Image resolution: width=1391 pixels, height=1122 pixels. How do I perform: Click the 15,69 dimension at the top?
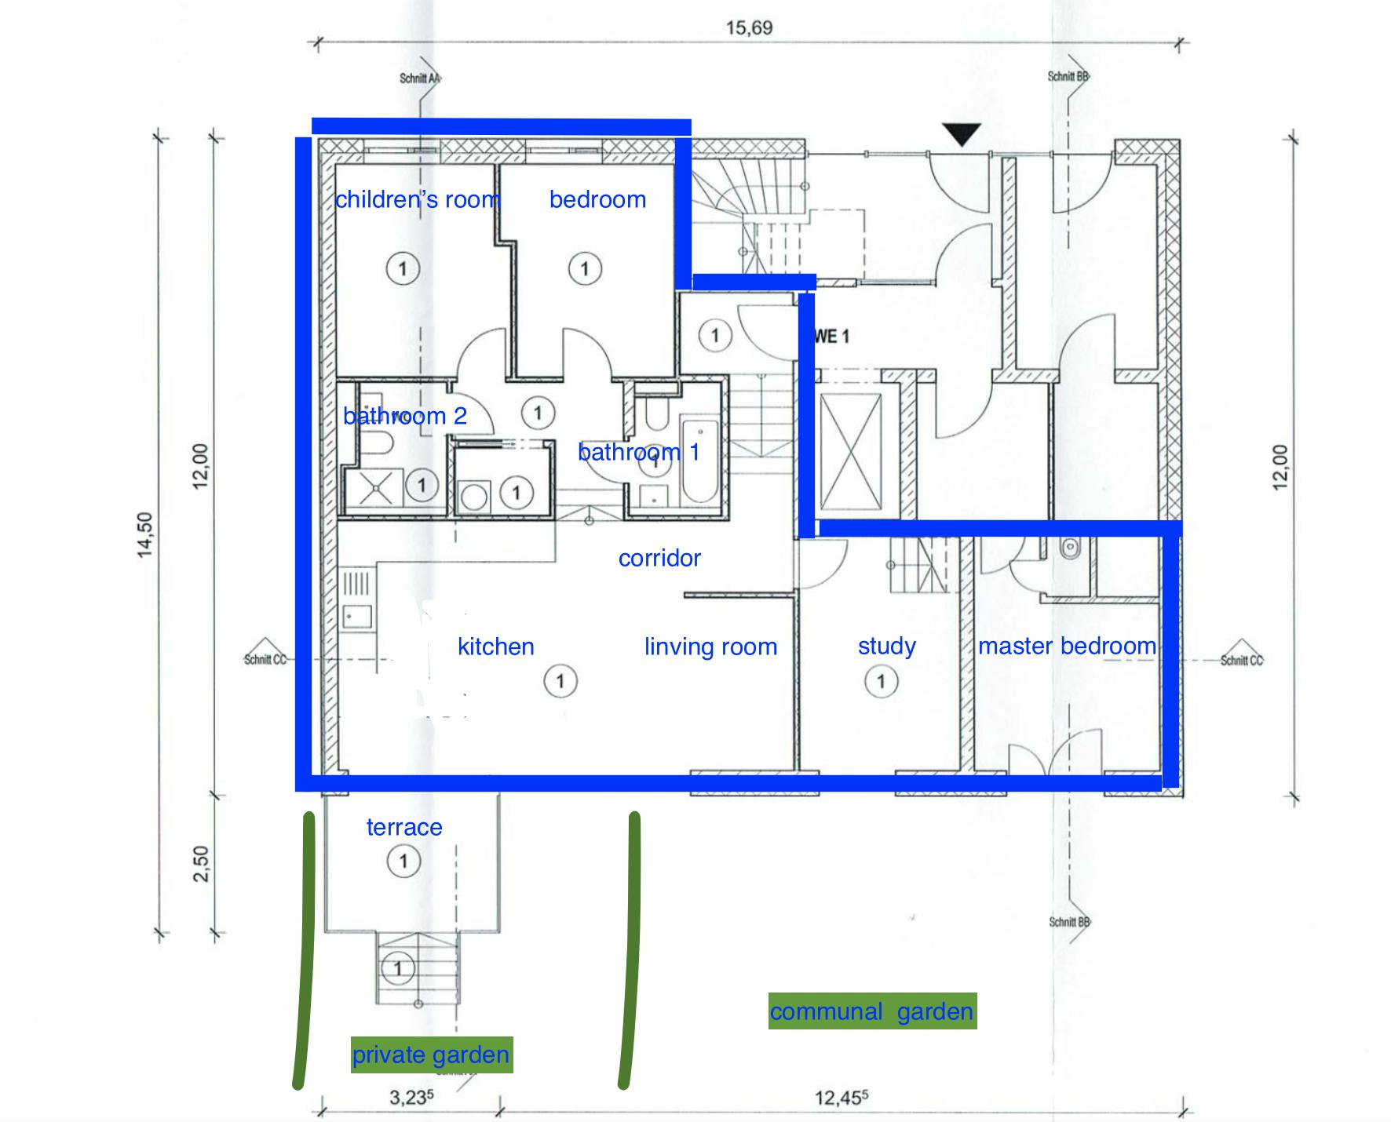tap(749, 28)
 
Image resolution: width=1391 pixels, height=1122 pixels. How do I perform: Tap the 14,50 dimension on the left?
tap(145, 535)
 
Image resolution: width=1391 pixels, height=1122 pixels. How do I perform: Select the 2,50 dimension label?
tap(201, 863)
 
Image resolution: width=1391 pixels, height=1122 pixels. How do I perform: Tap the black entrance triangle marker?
tap(962, 134)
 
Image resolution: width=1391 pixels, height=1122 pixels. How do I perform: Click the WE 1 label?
tap(832, 337)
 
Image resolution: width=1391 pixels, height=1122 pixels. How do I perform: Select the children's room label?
tap(418, 199)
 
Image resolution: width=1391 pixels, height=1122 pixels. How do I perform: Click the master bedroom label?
tap(1067, 646)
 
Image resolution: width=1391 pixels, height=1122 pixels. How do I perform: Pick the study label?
tap(887, 646)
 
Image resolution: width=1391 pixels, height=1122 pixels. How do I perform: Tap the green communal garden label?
tap(872, 1011)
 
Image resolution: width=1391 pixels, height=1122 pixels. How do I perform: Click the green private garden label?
tap(431, 1055)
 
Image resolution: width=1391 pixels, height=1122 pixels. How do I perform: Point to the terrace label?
tap(404, 827)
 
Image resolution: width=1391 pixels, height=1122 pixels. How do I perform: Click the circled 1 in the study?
tap(881, 681)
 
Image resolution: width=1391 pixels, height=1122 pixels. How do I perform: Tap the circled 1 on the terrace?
tap(403, 862)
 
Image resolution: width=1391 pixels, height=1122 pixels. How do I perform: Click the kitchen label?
tap(495, 647)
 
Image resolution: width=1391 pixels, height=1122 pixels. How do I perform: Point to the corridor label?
tap(659, 558)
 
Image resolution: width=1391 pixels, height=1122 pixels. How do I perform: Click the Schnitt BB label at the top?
tap(1068, 77)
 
